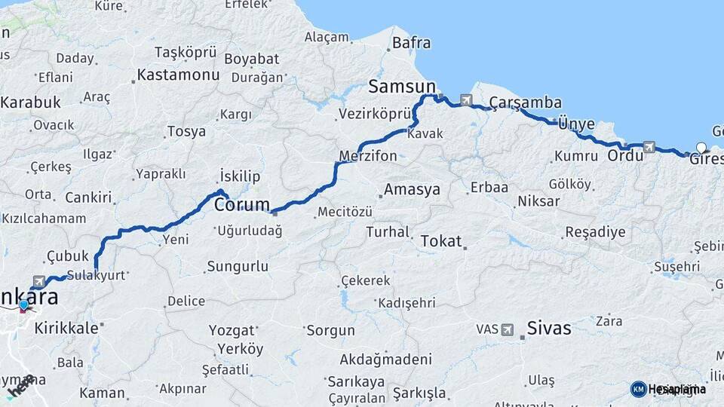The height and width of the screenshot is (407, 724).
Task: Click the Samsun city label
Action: [x=402, y=87]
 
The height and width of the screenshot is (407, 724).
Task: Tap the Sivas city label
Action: [x=549, y=329]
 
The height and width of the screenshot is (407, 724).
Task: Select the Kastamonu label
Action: [x=178, y=75]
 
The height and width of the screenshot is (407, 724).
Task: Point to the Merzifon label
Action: [x=368, y=156]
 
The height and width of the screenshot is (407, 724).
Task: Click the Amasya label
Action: [x=412, y=190]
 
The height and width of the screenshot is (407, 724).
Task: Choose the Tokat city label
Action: [x=440, y=241]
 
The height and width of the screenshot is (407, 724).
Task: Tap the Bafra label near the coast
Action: [x=412, y=43]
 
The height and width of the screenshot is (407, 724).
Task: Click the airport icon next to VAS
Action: [x=508, y=329]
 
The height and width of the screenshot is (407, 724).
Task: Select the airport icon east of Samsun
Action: [x=466, y=100]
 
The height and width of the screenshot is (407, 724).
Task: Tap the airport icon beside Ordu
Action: [x=649, y=147]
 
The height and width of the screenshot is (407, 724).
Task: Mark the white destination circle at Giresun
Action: [x=702, y=148]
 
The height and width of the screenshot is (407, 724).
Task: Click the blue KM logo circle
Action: [x=638, y=389]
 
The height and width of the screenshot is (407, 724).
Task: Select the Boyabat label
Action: [x=252, y=59]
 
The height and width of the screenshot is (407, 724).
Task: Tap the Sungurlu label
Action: [x=237, y=266]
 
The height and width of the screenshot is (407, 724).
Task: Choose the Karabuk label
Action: [x=30, y=102]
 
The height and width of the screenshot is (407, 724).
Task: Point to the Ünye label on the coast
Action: [x=577, y=124]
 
